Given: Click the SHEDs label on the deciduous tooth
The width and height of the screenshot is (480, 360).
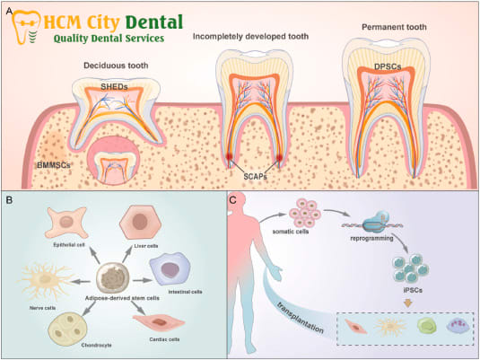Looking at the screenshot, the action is [x=114, y=87].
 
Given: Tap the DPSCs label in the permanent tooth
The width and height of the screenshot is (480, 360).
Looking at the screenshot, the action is [x=388, y=66].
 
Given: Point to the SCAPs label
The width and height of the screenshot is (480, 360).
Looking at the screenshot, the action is [x=256, y=177].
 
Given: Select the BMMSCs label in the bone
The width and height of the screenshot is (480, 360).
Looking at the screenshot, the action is [x=54, y=165].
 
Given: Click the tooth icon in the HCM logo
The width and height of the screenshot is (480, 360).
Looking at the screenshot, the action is [x=25, y=28].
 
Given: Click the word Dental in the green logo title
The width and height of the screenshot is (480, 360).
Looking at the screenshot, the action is [x=154, y=22].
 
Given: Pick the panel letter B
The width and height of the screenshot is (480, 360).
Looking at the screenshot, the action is [x=10, y=200].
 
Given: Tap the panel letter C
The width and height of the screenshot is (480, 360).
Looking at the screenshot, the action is [x=233, y=200].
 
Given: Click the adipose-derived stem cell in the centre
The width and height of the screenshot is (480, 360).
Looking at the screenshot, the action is [x=114, y=278].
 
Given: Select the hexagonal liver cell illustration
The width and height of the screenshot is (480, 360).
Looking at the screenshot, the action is [x=141, y=223].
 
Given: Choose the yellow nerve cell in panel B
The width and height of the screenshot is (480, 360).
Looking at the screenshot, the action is [x=45, y=279].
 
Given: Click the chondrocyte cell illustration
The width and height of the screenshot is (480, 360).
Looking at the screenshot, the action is [x=67, y=329].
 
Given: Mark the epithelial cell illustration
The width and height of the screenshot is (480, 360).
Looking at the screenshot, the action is [x=66, y=223].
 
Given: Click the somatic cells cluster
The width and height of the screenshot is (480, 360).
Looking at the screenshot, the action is [x=305, y=214].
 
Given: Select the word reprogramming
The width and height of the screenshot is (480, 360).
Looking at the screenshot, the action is [x=371, y=238].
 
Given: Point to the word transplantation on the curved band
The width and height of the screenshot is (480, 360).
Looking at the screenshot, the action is [x=300, y=317].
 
